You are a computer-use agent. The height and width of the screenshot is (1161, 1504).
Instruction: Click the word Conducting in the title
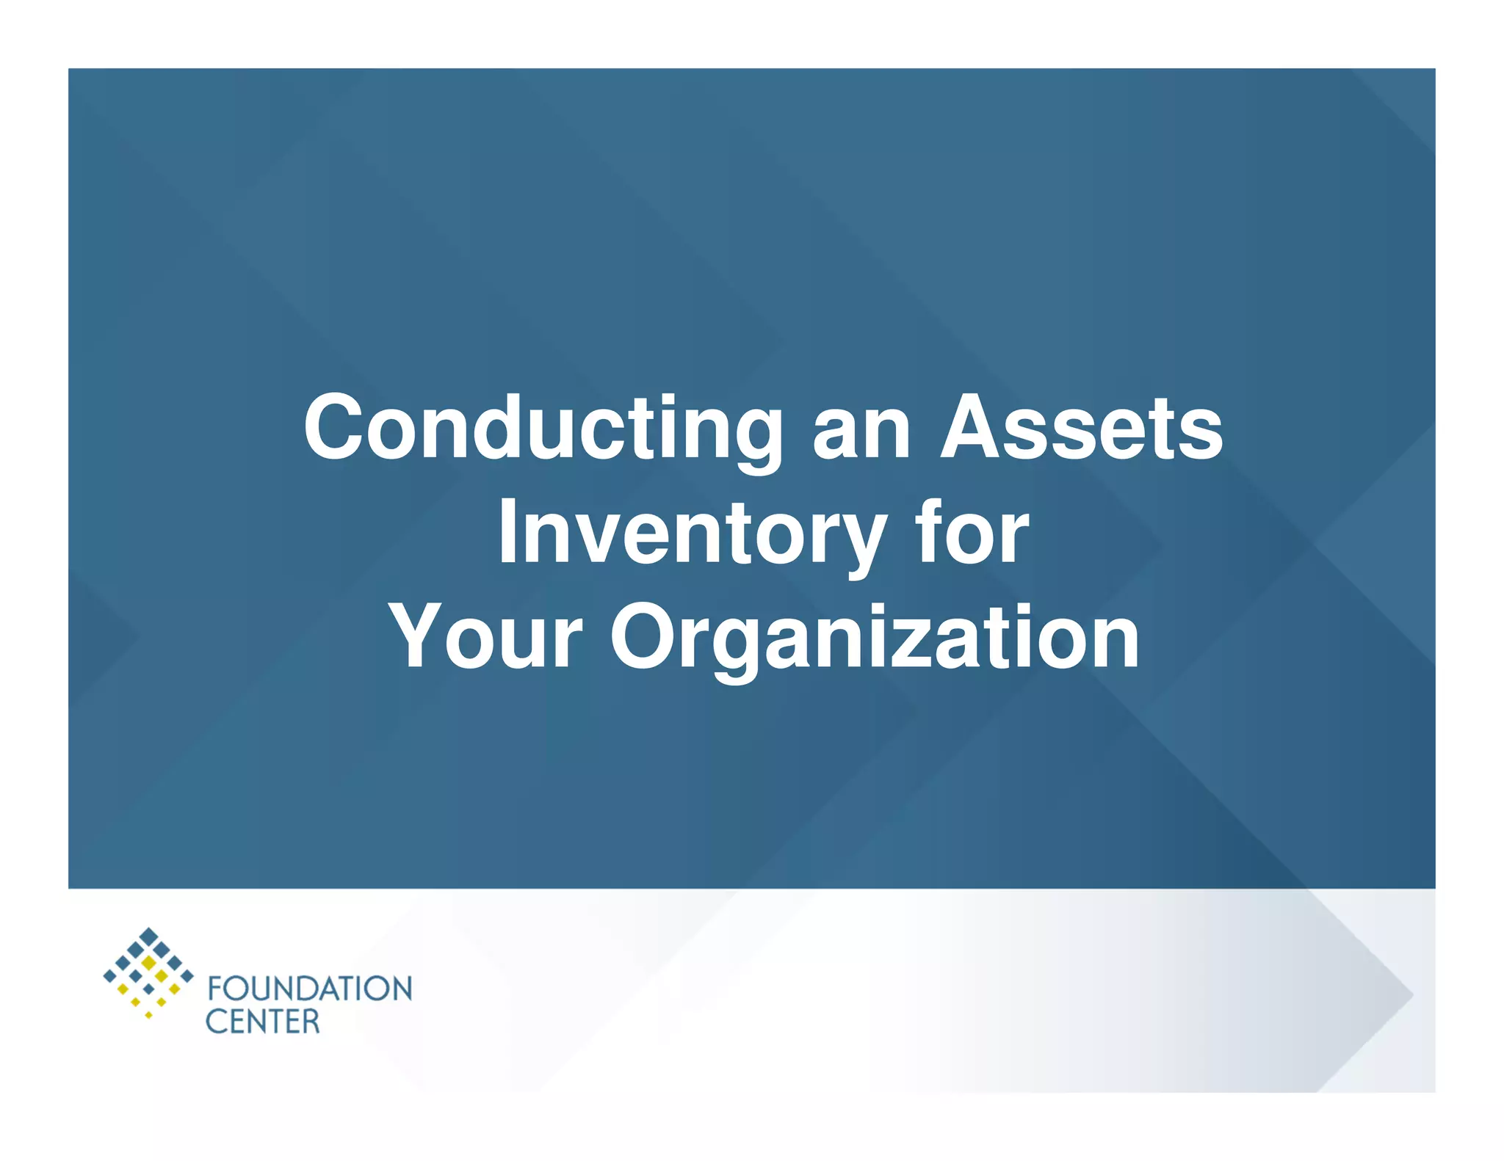(543, 429)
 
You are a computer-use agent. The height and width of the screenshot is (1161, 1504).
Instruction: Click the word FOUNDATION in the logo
(309, 989)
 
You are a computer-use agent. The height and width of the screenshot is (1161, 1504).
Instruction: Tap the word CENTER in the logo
(262, 1022)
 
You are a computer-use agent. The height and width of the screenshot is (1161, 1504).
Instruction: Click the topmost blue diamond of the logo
(149, 936)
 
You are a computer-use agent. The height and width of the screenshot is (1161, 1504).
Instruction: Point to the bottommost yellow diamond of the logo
(148, 1015)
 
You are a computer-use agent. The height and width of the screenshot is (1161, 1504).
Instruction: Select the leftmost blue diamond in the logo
(109, 976)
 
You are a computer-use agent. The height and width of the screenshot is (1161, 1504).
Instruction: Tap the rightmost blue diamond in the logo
(187, 976)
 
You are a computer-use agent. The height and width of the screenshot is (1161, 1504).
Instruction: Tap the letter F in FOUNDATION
(214, 989)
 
